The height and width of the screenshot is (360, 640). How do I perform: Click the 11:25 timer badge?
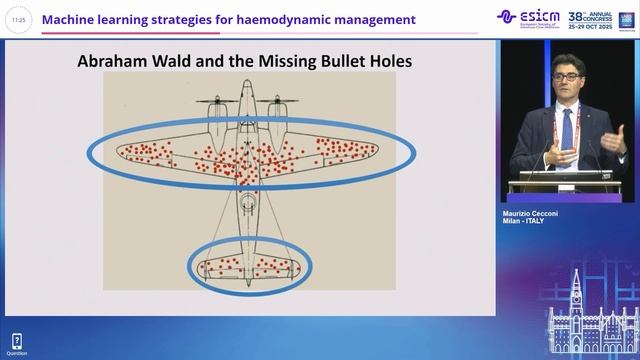pos(18,19)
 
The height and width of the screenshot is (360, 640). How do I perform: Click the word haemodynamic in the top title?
pos(281,19)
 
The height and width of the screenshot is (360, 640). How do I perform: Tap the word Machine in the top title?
pos(75,19)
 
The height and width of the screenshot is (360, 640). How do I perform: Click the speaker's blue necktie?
pos(567,130)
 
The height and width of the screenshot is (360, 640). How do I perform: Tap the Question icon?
pos(17,340)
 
